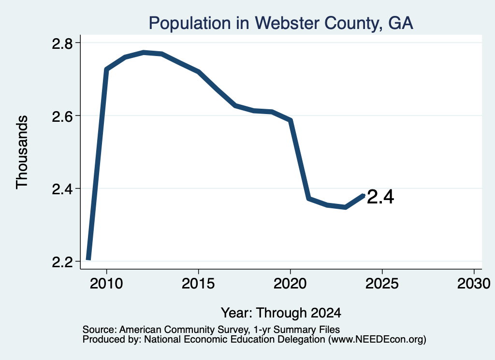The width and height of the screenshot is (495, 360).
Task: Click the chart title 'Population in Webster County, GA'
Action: (281, 23)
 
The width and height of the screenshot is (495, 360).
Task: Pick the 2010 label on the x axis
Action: (106, 283)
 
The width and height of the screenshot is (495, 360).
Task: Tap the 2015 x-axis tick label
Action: (198, 283)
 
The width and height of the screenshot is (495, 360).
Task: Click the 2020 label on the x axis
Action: (290, 283)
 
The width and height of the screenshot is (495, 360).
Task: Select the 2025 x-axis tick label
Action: (382, 283)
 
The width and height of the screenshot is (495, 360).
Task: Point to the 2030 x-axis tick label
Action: (474, 283)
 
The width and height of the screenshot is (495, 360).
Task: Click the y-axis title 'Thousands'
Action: (22, 152)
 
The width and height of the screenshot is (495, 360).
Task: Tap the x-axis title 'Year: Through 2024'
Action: (281, 313)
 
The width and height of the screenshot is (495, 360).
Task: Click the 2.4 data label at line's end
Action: (380, 197)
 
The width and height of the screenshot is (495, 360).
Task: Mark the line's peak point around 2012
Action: (144, 52)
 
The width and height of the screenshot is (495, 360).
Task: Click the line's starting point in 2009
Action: (89, 259)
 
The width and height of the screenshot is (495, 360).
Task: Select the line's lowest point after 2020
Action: (346, 207)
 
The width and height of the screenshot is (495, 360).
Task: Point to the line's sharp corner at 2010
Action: (106, 69)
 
